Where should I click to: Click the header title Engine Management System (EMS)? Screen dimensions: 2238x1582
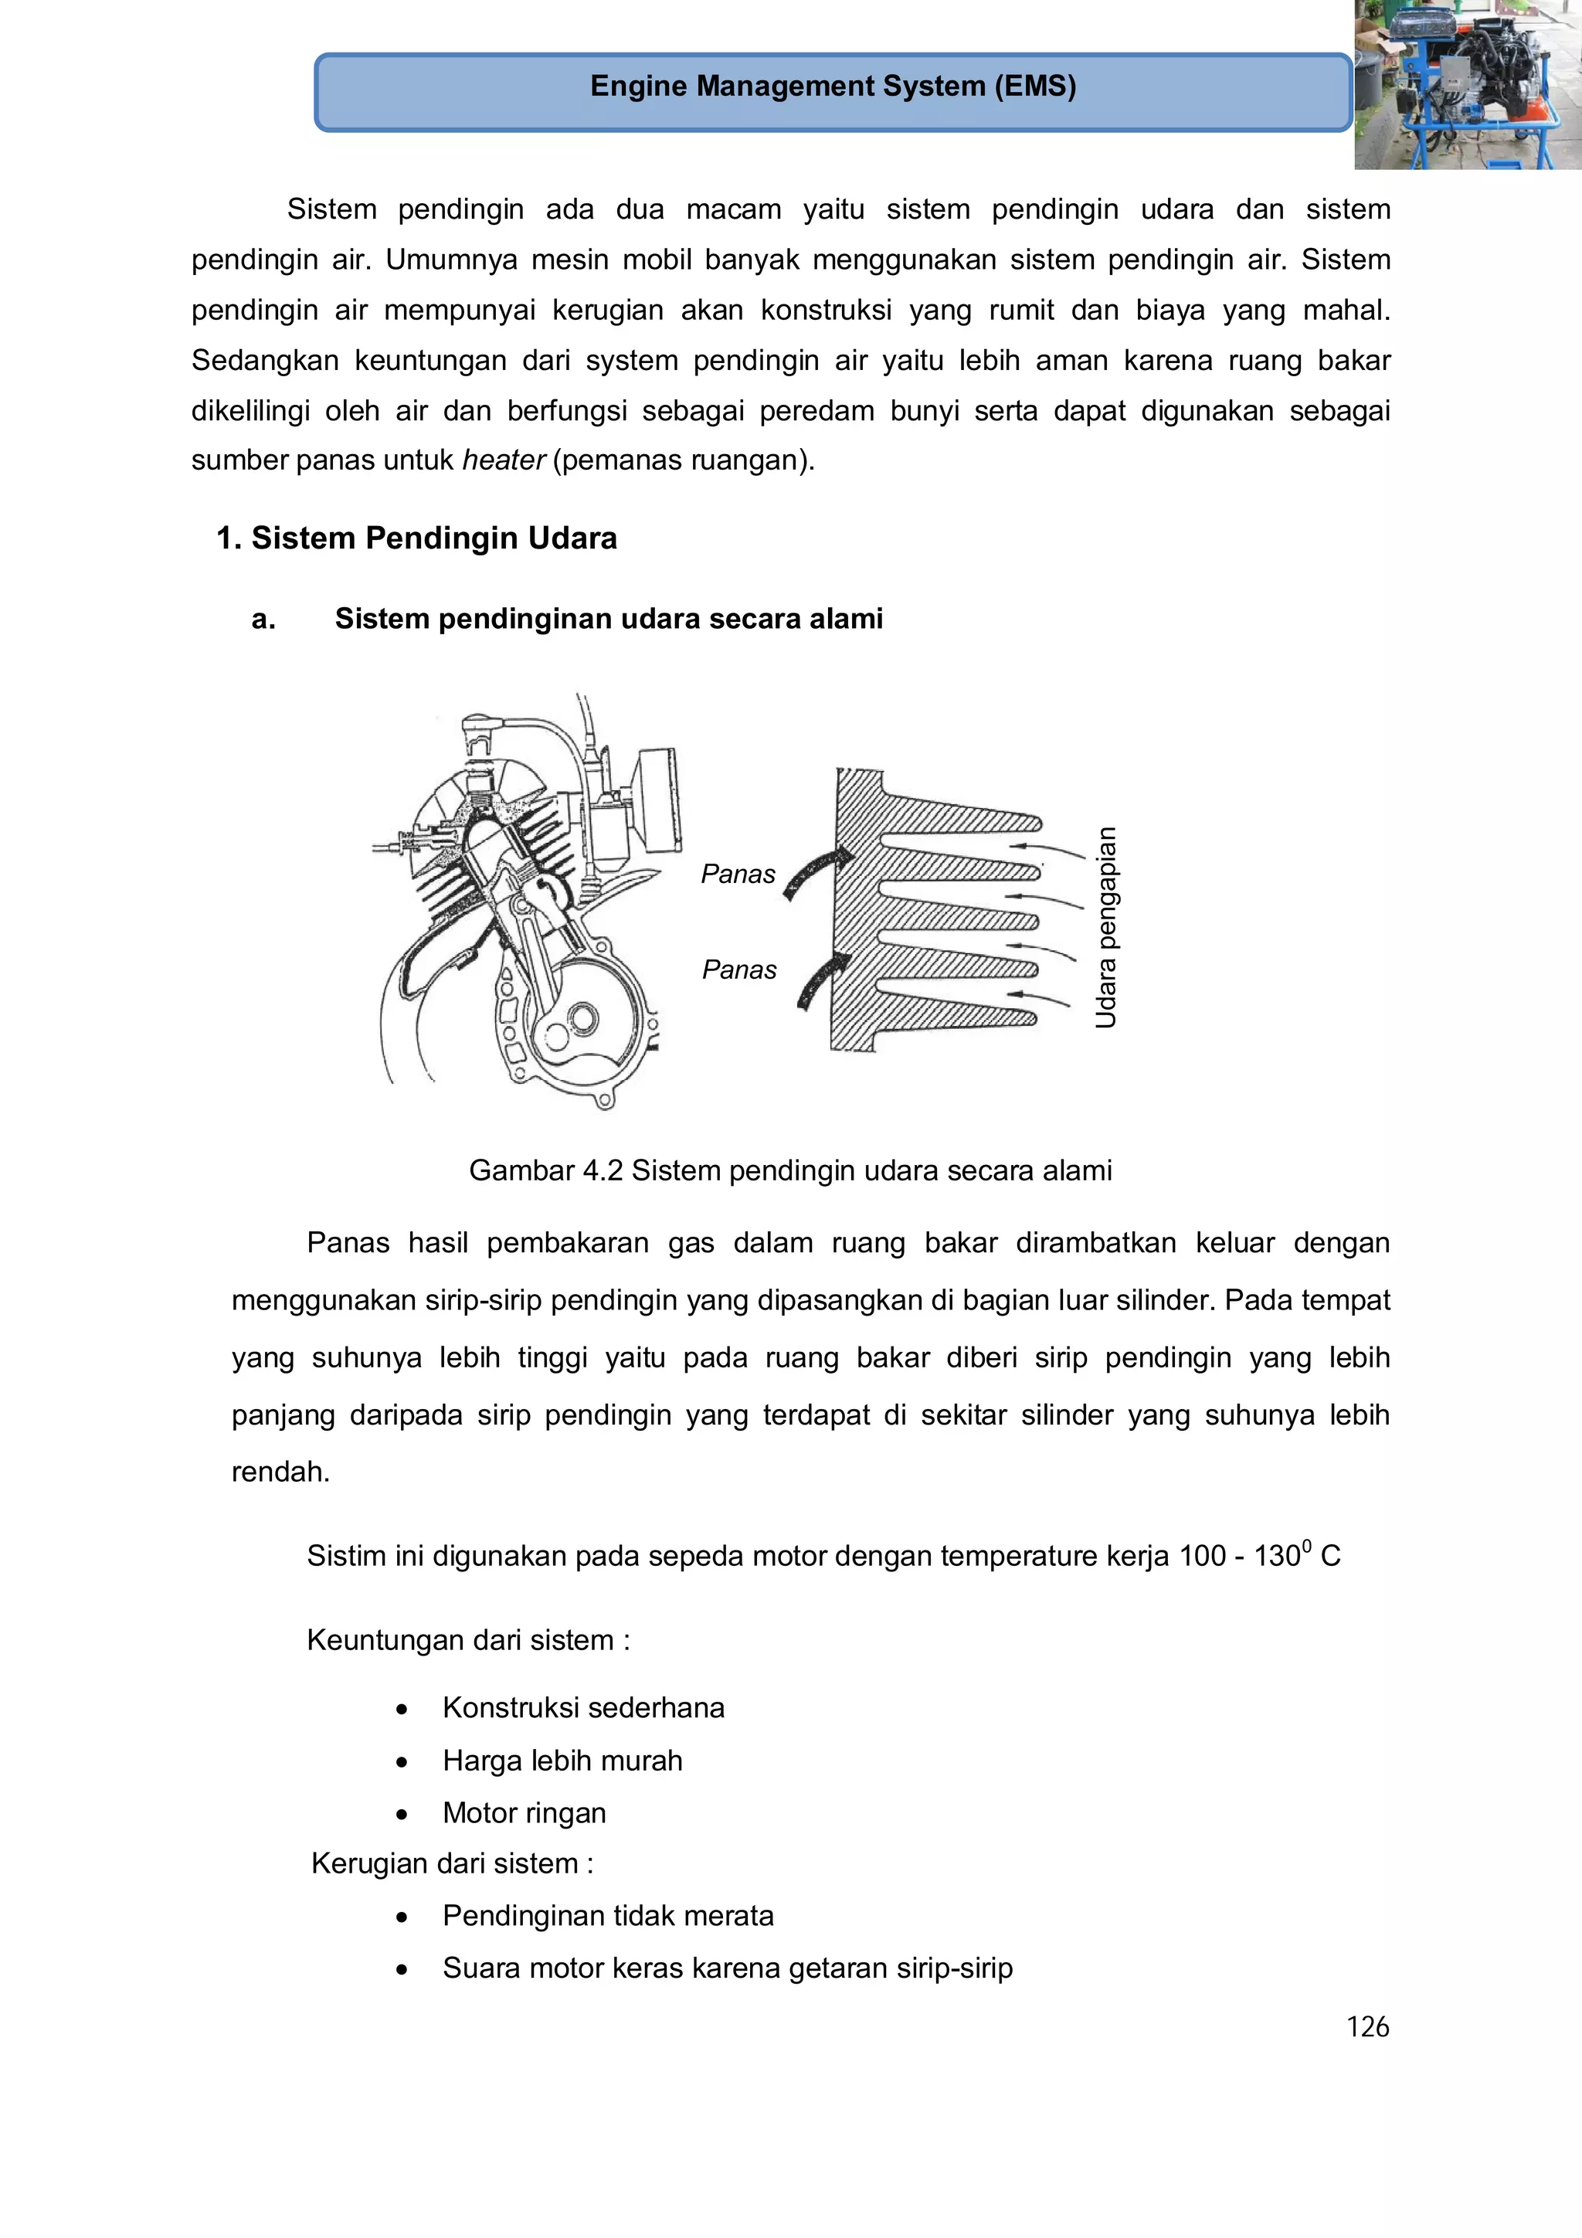click(x=833, y=87)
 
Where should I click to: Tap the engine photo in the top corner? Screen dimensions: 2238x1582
click(x=1467, y=85)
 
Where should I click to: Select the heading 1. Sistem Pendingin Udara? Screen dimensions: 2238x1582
click(x=416, y=538)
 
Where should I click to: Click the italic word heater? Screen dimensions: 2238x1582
click(x=503, y=460)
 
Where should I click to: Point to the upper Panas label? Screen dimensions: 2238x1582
click(x=738, y=874)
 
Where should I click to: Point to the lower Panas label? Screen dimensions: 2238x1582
click(x=738, y=970)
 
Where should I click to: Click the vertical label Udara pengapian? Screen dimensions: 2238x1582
click(x=1105, y=927)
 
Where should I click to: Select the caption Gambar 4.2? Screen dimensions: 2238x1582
click(x=789, y=1170)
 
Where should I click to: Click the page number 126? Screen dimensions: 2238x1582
click(x=1366, y=2026)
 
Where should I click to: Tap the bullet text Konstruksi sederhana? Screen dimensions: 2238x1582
click(x=583, y=1708)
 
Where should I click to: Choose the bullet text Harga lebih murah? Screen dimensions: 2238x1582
click(x=562, y=1761)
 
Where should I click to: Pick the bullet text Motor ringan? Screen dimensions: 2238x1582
click(x=525, y=1813)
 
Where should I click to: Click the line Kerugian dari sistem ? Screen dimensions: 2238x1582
click(x=453, y=1863)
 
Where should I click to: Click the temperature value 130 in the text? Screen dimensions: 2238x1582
click(x=1277, y=1556)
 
